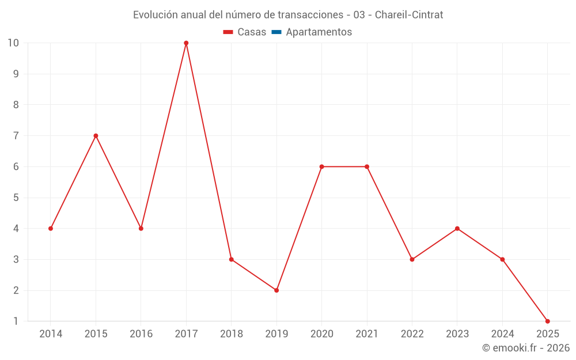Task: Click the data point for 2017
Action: click(x=186, y=43)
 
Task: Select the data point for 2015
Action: click(x=96, y=136)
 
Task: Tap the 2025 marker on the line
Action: click(x=547, y=321)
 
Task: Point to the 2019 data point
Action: click(x=276, y=290)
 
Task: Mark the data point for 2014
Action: click(x=51, y=229)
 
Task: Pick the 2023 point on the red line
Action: click(x=457, y=229)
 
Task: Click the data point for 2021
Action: click(x=367, y=167)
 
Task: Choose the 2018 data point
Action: click(x=231, y=259)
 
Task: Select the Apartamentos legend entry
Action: click(x=319, y=32)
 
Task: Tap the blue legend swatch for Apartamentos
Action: click(x=276, y=32)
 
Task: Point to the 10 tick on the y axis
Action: click(x=13, y=43)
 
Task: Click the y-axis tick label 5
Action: click(x=16, y=198)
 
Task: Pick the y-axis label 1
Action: click(x=16, y=321)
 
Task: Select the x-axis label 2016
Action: click(x=141, y=334)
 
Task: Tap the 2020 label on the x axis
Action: click(x=321, y=334)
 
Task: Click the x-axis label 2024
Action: click(x=502, y=334)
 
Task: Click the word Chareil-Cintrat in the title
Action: click(x=409, y=15)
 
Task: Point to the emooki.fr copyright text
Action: click(x=525, y=348)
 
